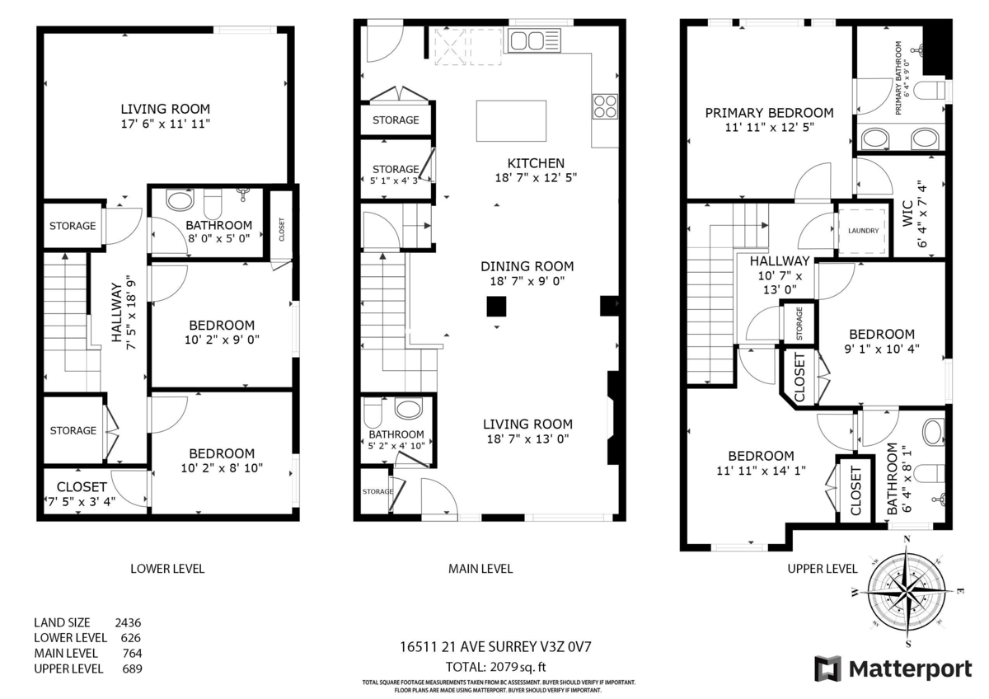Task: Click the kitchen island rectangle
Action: (x=511, y=120)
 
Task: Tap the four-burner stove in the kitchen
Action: (x=605, y=107)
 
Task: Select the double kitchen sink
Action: (x=534, y=40)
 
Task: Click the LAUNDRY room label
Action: (x=863, y=231)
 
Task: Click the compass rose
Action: (x=906, y=590)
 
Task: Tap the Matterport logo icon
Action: (x=827, y=669)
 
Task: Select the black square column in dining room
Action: (x=496, y=307)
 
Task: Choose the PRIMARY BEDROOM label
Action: (x=769, y=113)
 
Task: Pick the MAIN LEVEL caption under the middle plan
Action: (x=480, y=569)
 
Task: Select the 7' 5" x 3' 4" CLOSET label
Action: (x=82, y=493)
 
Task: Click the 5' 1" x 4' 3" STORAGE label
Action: (x=396, y=175)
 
